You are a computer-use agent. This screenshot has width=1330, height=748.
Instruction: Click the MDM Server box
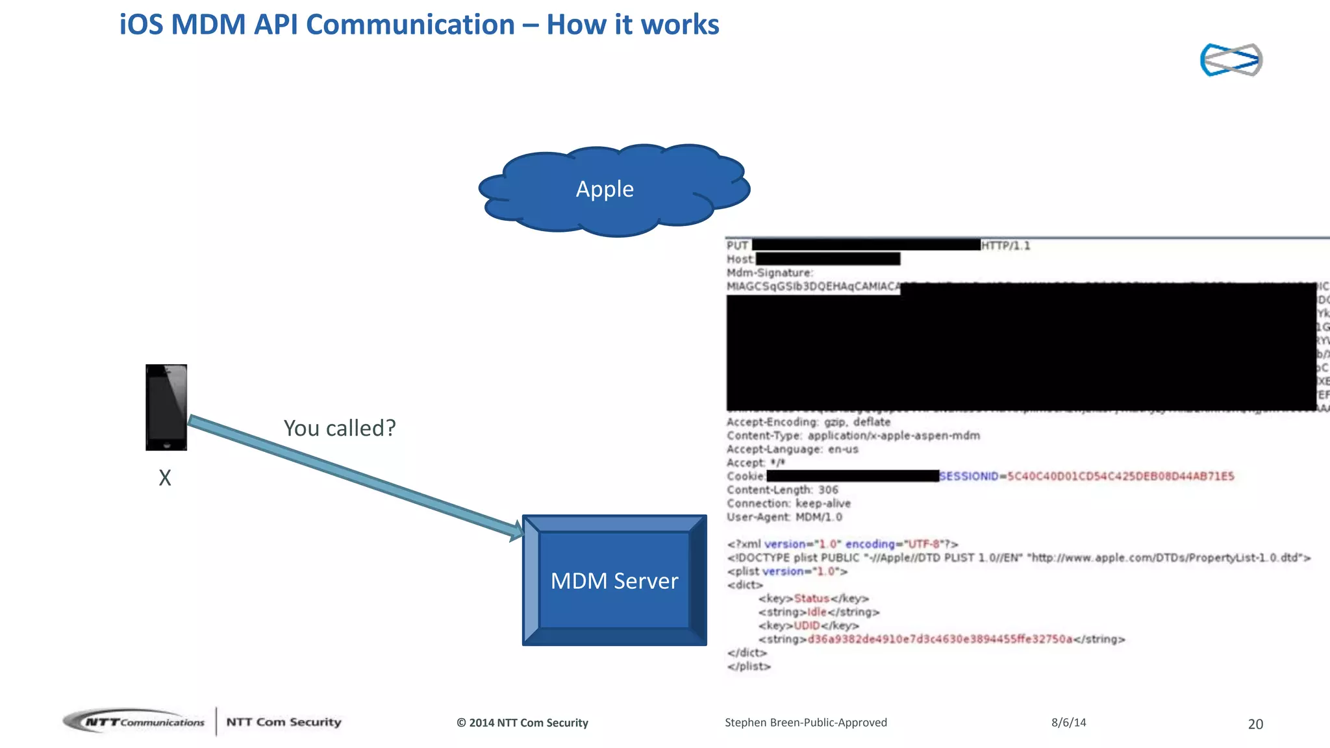(614, 580)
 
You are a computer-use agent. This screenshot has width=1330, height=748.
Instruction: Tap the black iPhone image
(166, 407)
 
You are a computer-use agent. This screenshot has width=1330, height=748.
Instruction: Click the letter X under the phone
(165, 479)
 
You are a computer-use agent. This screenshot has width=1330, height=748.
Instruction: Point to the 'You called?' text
(340, 429)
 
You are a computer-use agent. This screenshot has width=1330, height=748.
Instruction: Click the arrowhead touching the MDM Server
(516, 530)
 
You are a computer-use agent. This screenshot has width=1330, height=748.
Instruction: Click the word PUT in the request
(737, 245)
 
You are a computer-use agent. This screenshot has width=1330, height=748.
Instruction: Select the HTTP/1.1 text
(1005, 245)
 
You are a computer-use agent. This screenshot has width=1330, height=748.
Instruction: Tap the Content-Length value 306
(828, 490)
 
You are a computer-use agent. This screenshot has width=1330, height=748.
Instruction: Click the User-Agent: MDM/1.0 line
(784, 517)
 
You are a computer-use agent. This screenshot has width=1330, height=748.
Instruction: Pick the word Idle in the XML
(817, 612)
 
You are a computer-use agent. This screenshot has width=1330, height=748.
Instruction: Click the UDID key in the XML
(807, 626)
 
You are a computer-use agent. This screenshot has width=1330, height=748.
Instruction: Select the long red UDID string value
(940, 640)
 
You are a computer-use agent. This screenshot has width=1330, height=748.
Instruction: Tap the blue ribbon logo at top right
(1231, 60)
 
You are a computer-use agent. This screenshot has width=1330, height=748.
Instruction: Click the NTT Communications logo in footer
(134, 722)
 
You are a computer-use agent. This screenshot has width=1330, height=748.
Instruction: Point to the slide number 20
(1255, 724)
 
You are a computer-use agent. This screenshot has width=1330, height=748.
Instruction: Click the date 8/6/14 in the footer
(1068, 723)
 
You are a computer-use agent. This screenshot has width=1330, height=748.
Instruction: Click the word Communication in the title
(410, 25)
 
